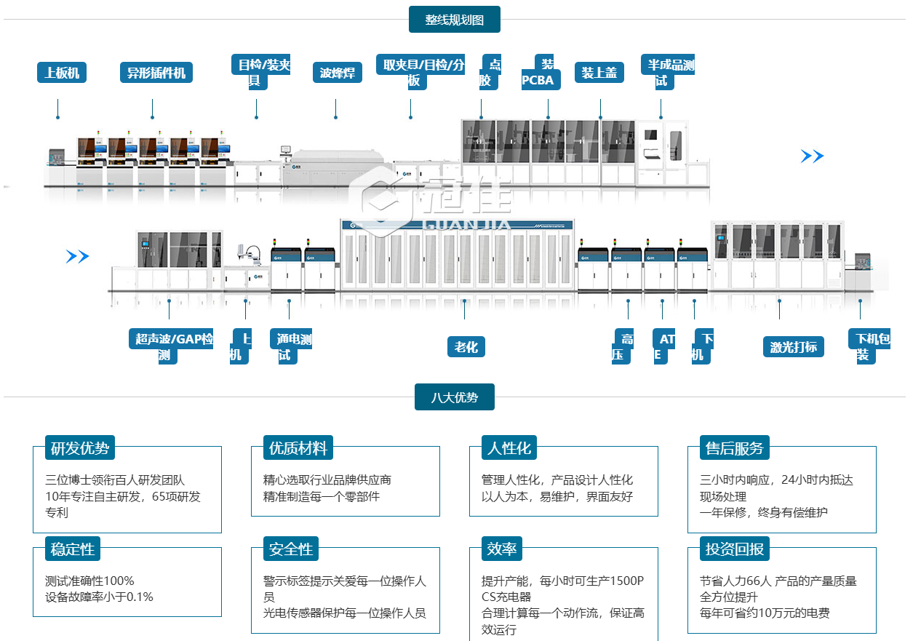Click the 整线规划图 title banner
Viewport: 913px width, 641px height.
pos(454,20)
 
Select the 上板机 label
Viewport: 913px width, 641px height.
pos(62,72)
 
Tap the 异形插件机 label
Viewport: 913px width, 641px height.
pos(156,72)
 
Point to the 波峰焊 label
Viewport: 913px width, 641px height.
pos(338,72)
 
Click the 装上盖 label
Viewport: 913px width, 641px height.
pos(599,72)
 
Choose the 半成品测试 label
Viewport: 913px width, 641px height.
pos(667,72)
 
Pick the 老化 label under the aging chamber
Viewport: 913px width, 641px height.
pos(466,347)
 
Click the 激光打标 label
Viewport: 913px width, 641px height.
pos(794,346)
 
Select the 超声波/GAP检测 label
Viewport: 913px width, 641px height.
pos(172,346)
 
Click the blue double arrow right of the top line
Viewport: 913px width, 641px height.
pos(812,156)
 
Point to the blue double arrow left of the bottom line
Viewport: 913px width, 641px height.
pos(77,256)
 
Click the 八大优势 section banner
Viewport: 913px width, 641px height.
pos(454,397)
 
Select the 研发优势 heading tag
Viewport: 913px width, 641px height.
pos(80,448)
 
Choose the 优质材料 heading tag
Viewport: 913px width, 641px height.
pos(298,448)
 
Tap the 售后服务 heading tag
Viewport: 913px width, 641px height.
pos(734,448)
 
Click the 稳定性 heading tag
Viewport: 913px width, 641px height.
pos(73,549)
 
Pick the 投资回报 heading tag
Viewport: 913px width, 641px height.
pos(734,549)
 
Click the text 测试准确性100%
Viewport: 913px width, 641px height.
pos(89,581)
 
